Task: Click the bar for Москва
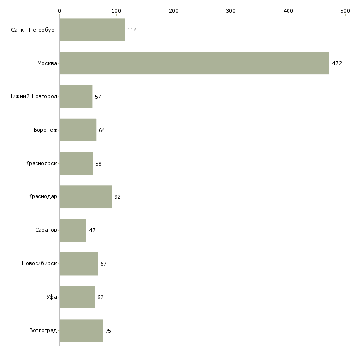(194, 63)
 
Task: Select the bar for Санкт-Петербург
(92, 30)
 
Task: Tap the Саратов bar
(73, 230)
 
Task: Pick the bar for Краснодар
(86, 197)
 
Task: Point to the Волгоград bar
(81, 330)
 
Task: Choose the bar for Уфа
(77, 297)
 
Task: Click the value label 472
(337, 63)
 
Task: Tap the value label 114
(132, 30)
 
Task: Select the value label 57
(98, 97)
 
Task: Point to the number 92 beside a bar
(117, 197)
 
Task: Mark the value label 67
(103, 264)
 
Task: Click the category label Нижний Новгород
(33, 96)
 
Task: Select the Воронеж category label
(45, 130)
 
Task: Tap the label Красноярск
(41, 163)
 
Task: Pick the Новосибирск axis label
(39, 263)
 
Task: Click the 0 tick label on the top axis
(60, 11)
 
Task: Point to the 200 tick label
(174, 11)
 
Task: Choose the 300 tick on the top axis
(231, 11)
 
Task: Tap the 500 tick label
(345, 11)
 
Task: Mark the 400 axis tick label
(288, 11)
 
